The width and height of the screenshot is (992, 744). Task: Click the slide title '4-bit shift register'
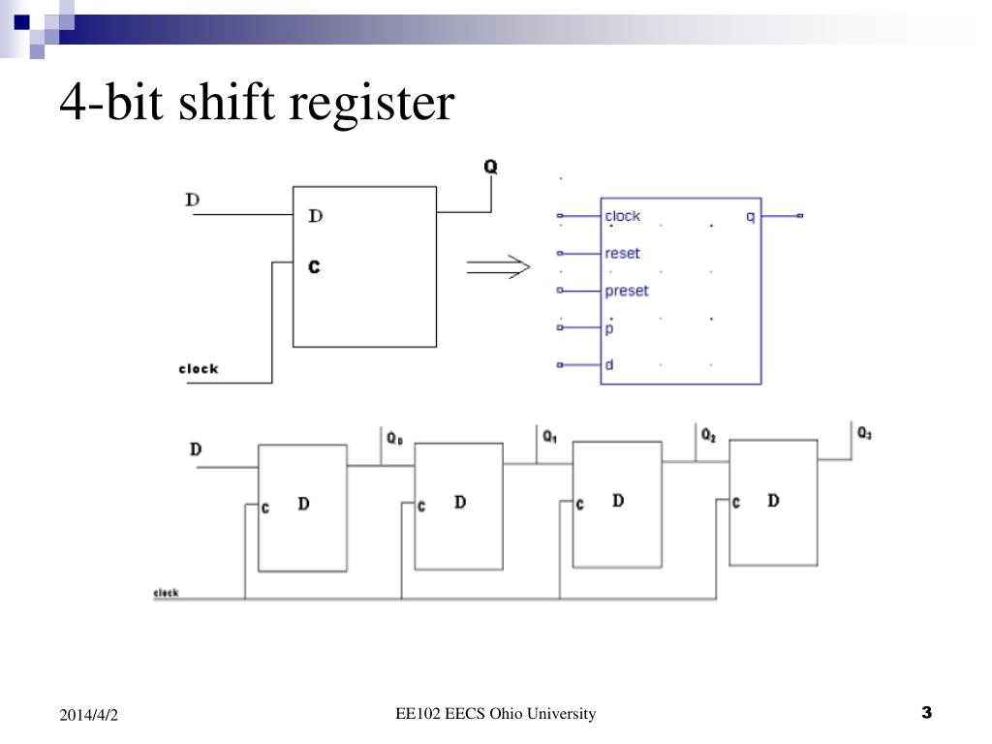pos(256,103)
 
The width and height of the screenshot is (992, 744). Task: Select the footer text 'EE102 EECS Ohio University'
pos(495,714)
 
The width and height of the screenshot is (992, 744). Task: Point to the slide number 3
pos(926,714)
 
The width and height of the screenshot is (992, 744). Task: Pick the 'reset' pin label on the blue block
pos(622,254)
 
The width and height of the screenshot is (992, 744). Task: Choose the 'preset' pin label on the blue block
pos(626,291)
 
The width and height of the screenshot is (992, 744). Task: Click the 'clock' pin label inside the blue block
pos(622,216)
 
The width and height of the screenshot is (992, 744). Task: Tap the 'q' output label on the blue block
pos(750,216)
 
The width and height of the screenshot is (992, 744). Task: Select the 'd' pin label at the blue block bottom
pos(609,365)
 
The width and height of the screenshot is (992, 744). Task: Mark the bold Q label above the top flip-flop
pos(490,167)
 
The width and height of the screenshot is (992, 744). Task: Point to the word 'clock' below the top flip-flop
pos(199,369)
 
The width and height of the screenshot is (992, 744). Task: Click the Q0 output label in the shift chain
pos(394,439)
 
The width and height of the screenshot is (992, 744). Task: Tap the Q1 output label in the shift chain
pos(550,438)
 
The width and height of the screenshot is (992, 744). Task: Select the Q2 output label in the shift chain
pos(708,435)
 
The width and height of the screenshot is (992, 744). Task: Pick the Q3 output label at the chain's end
pos(864,434)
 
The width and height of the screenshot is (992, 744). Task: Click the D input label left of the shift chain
pos(196,449)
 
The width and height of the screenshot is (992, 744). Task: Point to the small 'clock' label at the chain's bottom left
pos(166,593)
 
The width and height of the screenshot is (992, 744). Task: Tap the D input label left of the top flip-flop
pos(192,200)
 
